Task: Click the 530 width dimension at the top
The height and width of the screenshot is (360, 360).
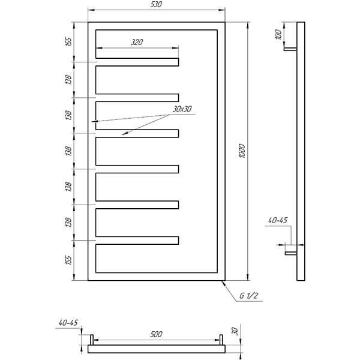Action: point(156,4)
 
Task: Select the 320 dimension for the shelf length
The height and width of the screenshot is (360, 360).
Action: point(137,42)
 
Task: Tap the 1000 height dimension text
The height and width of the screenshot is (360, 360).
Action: point(242,151)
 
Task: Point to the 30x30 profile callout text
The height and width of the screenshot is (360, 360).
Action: point(182,109)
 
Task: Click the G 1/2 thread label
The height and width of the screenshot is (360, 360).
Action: point(248,296)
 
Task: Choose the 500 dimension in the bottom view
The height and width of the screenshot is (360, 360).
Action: point(156,334)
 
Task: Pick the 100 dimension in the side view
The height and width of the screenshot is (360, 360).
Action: point(278,34)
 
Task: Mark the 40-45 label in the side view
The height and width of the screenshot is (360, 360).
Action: point(278,220)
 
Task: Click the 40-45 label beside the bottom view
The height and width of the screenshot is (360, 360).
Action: point(68,323)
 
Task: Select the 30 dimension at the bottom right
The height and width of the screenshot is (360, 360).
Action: point(235,331)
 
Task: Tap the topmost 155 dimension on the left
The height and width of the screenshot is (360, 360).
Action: point(68,42)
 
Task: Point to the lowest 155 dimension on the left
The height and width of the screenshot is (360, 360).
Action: point(68,260)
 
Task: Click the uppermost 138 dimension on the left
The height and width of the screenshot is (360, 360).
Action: point(68,79)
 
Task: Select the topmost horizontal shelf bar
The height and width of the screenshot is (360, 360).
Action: point(137,62)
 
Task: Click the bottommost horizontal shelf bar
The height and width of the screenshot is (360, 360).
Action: point(137,241)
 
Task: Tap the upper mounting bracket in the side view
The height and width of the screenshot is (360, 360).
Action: point(290,49)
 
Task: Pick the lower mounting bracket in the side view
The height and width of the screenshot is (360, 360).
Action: point(291,253)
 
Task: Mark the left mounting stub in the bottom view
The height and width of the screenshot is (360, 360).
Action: point(92,340)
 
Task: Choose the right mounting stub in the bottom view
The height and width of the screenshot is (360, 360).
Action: point(221,340)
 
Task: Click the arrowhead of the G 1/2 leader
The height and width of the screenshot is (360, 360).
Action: point(223,282)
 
